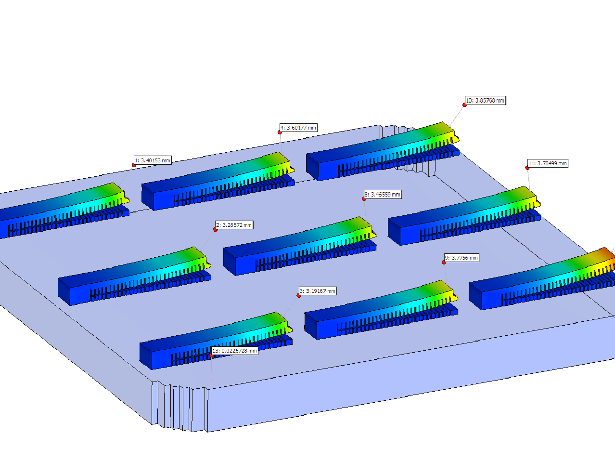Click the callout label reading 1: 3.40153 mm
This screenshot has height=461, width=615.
[x=153, y=160]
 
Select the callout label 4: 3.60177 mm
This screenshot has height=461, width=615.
[x=298, y=128]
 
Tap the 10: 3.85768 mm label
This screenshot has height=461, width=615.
[x=485, y=100]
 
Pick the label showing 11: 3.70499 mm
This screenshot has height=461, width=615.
[x=548, y=163]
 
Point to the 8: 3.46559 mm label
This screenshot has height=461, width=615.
[x=383, y=194]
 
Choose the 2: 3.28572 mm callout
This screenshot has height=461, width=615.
[x=234, y=225]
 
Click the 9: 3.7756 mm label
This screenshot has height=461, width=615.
[x=461, y=258]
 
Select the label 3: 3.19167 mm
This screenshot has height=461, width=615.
[x=318, y=291]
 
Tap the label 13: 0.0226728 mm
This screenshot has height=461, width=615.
[x=234, y=351]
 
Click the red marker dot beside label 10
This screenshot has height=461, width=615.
[x=464, y=105]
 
